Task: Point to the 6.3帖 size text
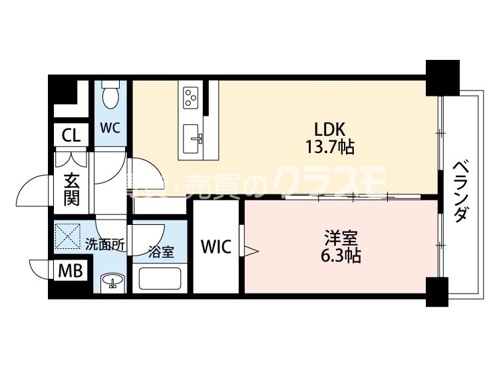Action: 340,256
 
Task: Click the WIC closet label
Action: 216,248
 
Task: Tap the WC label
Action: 111,127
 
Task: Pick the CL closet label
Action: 70,136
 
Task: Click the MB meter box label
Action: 70,272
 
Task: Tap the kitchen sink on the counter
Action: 195,138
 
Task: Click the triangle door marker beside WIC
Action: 250,250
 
